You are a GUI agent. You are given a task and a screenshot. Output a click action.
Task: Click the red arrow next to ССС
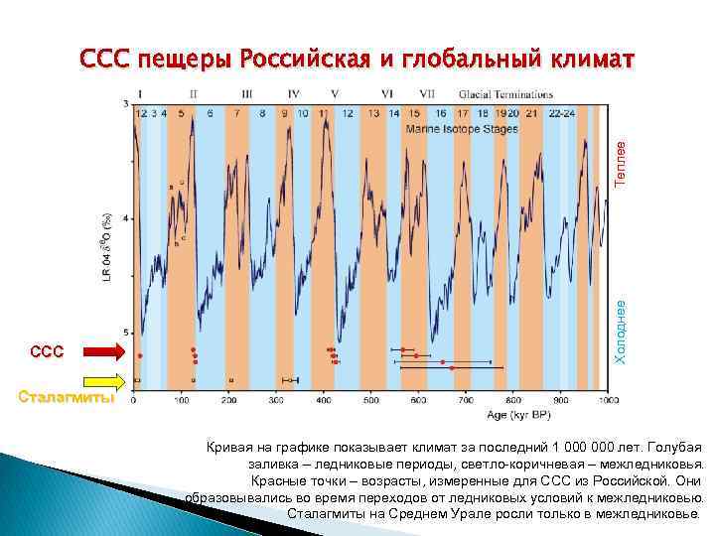tap(103, 350)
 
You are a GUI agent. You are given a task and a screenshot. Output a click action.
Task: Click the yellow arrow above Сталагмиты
tap(103, 380)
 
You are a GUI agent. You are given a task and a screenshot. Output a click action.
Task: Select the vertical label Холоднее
tap(620, 330)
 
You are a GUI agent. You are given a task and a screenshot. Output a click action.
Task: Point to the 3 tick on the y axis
tap(125, 103)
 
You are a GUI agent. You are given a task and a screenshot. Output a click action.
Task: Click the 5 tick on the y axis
tap(125, 332)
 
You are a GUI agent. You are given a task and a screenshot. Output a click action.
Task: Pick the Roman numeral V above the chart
tap(333, 93)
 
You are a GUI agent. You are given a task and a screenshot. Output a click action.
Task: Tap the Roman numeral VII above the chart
tap(427, 93)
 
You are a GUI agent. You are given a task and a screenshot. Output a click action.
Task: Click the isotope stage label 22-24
tap(561, 113)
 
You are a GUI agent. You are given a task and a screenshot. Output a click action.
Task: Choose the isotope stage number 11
tap(324, 113)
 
